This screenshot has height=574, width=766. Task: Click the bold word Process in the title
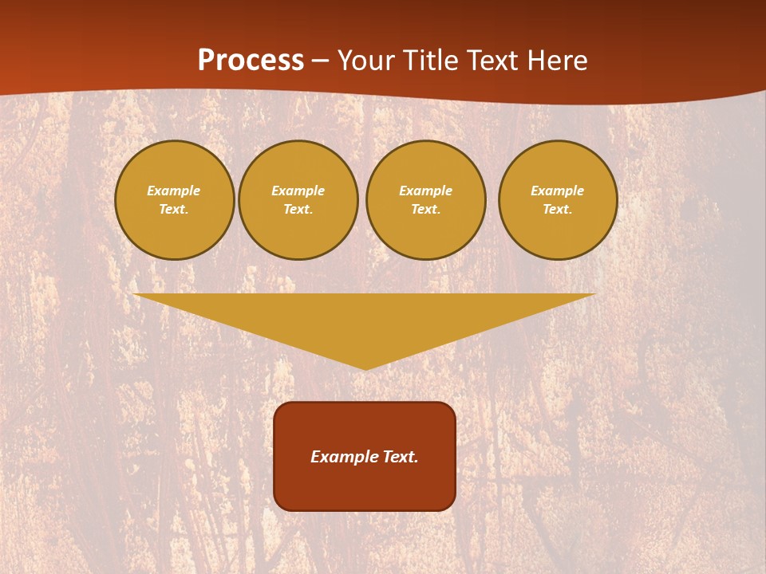[251, 61]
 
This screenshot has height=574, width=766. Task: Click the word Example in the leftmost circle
[174, 191]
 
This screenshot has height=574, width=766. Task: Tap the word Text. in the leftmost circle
[174, 209]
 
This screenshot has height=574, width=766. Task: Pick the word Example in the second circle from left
[298, 191]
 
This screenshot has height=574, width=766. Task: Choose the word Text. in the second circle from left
[298, 209]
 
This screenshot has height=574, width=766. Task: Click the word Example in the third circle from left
[425, 191]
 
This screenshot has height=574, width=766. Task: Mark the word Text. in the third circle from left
[425, 209]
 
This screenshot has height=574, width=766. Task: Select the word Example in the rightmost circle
[557, 191]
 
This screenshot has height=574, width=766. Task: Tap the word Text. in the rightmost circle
[557, 209]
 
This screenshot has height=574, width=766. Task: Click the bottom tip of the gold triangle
[365, 368]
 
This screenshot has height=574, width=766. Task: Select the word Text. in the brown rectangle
[399, 457]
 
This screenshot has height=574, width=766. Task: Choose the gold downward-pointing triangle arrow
[365, 319]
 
